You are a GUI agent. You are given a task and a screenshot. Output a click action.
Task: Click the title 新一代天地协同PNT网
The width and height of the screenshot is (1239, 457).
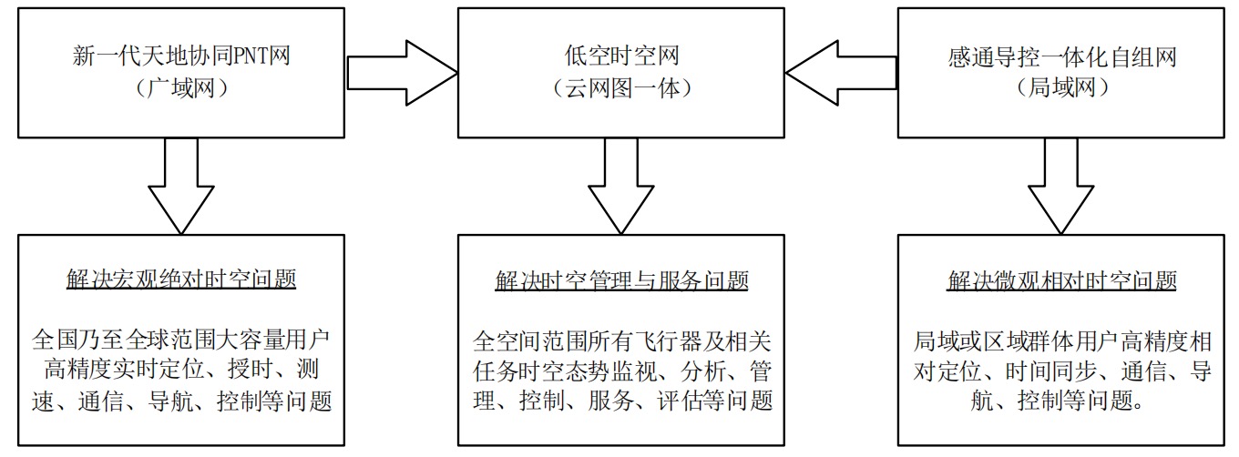(x=181, y=56)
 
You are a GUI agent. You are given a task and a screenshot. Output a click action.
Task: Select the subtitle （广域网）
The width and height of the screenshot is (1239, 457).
(x=181, y=88)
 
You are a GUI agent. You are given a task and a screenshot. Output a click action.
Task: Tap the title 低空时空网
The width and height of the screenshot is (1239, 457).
(x=621, y=56)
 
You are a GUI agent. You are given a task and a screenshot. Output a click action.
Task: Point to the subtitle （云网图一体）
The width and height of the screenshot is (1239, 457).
(x=621, y=88)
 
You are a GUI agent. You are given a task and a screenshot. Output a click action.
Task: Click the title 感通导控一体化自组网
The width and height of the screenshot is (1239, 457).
(x=1061, y=57)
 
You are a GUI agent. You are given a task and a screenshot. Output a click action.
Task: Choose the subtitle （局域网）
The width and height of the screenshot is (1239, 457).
(x=1061, y=88)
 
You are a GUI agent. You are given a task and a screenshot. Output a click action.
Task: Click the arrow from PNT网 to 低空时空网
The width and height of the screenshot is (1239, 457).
(x=402, y=73)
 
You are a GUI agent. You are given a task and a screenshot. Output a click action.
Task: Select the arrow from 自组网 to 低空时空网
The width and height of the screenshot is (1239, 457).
(x=841, y=73)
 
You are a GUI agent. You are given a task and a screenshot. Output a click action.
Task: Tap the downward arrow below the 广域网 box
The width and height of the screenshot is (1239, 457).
(x=181, y=187)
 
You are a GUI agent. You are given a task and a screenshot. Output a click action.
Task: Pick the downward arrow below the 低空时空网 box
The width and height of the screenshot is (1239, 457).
(x=621, y=187)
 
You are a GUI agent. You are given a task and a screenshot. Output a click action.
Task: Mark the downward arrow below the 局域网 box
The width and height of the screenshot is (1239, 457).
(x=1061, y=187)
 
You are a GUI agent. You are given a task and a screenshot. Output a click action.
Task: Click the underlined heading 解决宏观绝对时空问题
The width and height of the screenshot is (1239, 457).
(x=181, y=279)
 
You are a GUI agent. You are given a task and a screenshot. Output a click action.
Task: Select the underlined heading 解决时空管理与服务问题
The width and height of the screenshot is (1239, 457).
(x=621, y=280)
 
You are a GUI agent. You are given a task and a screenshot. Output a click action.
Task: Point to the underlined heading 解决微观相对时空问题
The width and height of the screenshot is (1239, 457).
(x=1061, y=280)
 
